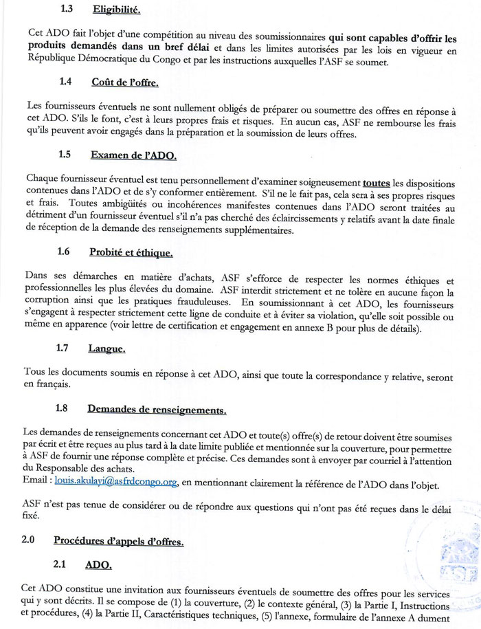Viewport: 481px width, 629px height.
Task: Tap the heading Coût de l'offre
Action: tap(124, 82)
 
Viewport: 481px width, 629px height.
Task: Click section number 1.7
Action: tap(67, 349)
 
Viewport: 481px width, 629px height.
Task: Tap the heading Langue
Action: tap(107, 349)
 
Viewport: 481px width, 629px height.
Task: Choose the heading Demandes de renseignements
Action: tap(157, 410)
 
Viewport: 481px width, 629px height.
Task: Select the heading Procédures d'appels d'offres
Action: tap(119, 541)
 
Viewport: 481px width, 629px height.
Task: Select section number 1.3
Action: tap(67, 10)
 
